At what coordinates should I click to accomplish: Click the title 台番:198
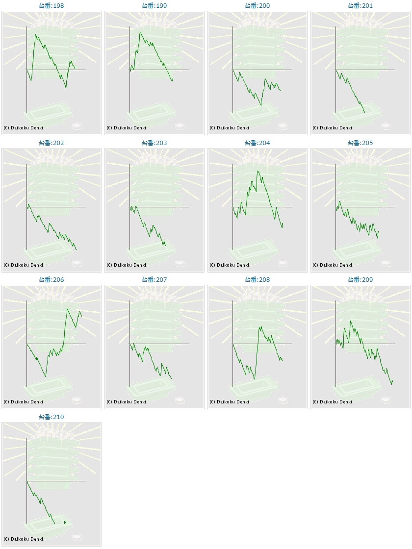coord(51,6)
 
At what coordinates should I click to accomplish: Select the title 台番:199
coord(154,6)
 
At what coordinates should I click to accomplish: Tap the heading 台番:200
coord(257,6)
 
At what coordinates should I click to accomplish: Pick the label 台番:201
coord(360,6)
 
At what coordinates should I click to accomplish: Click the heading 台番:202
coord(51,143)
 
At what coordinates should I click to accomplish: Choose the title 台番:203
coord(154,143)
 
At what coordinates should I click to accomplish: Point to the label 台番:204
coord(257,143)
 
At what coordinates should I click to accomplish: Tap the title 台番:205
coord(360,143)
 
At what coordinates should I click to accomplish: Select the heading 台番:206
coord(51,280)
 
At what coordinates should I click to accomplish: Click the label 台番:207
coord(154,280)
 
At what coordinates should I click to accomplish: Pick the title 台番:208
coord(257,280)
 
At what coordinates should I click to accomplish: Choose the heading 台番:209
coord(360,280)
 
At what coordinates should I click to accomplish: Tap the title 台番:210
coord(51,417)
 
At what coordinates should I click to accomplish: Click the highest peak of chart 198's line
coord(35,35)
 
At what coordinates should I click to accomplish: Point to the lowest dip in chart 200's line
coord(261,105)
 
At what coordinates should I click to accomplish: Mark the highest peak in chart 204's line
coord(257,171)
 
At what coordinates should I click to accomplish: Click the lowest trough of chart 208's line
coord(254,379)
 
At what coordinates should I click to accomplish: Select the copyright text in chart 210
coord(24,539)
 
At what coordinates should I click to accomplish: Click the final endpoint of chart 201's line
coord(364,113)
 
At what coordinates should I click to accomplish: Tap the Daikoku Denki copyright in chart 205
coord(333,265)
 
